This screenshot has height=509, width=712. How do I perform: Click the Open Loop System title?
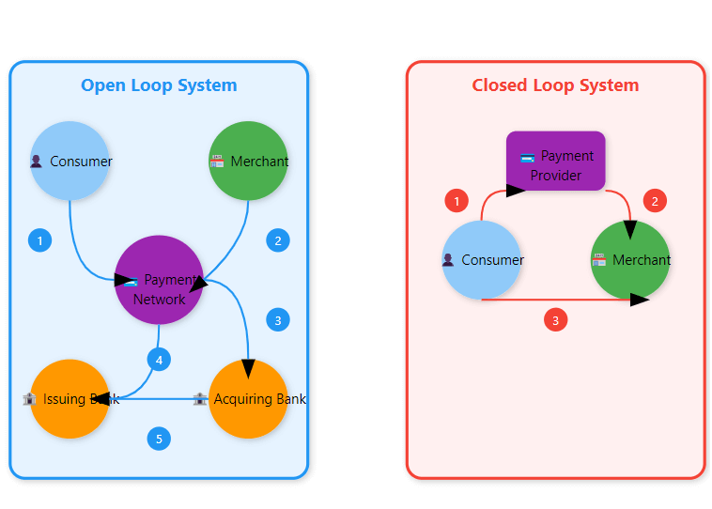(x=159, y=85)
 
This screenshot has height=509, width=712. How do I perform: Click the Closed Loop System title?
(x=555, y=85)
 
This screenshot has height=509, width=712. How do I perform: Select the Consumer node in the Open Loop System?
(x=70, y=161)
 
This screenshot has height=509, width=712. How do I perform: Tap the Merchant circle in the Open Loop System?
(x=248, y=161)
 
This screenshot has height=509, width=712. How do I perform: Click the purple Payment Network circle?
(x=159, y=280)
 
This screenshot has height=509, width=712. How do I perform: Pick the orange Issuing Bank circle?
(x=70, y=399)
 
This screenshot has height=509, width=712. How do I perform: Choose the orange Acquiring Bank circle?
(x=248, y=399)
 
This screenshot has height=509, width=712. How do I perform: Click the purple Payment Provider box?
(x=556, y=161)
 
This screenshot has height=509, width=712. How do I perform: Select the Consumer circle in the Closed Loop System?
(x=482, y=260)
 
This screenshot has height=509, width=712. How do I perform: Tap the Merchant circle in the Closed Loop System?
(x=630, y=260)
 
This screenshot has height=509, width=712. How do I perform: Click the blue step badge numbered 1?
(x=39, y=240)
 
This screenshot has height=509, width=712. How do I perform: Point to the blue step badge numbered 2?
(x=277, y=240)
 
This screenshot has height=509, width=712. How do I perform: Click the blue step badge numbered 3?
(x=277, y=320)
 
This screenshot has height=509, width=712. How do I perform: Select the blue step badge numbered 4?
(x=159, y=360)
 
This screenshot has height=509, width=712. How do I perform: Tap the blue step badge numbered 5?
(x=159, y=439)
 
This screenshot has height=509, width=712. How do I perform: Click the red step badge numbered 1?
(x=457, y=201)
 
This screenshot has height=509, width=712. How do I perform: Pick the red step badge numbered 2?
(x=655, y=201)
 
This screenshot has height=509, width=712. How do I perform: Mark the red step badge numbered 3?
(x=555, y=320)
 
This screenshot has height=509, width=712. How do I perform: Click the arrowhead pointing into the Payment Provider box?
(x=515, y=191)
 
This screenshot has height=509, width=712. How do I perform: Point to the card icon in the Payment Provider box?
(x=528, y=156)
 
